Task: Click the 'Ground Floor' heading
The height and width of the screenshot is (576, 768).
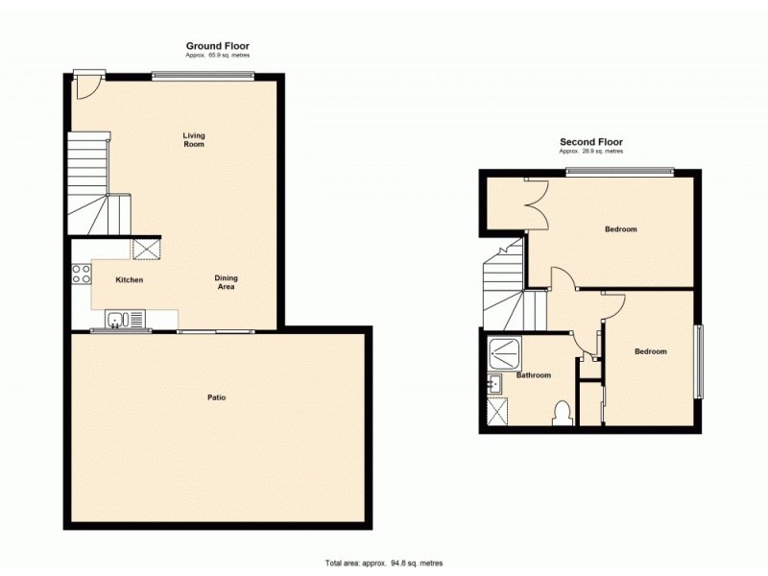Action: (x=217, y=46)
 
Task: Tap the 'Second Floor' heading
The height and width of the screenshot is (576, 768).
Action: (x=591, y=142)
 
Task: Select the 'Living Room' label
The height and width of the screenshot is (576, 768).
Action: (x=194, y=140)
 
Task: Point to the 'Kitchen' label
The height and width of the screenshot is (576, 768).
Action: (x=130, y=280)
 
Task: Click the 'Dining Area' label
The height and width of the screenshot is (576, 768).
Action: (x=225, y=282)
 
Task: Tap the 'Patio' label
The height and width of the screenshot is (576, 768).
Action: (x=217, y=397)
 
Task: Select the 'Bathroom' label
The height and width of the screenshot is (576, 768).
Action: (x=534, y=375)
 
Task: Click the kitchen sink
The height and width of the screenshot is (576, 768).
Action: (x=125, y=319)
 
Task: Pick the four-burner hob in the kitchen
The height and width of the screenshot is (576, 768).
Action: (x=82, y=273)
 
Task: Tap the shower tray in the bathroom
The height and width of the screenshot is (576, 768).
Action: (x=502, y=352)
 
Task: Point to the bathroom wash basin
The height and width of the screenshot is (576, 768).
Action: (x=493, y=386)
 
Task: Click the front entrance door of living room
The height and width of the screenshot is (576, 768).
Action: (x=86, y=84)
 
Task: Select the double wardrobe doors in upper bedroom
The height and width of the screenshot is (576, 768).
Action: (x=535, y=199)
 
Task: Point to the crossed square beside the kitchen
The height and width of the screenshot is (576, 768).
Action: (x=147, y=250)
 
